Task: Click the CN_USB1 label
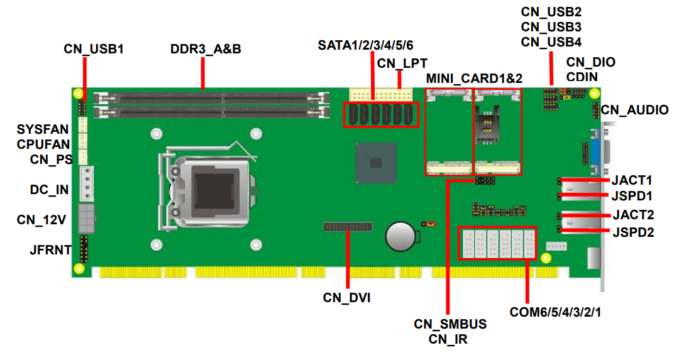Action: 93,48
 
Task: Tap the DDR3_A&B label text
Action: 206,48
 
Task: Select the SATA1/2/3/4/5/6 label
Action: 365,45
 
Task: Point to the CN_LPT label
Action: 402,63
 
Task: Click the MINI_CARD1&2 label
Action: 474,79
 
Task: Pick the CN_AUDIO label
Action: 634,110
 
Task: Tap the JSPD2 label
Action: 633,232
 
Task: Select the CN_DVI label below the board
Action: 346,298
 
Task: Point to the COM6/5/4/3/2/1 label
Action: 555,312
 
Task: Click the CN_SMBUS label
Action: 450,324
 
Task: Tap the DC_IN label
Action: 49,190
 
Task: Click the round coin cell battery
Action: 401,236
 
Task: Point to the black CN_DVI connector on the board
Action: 348,226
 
